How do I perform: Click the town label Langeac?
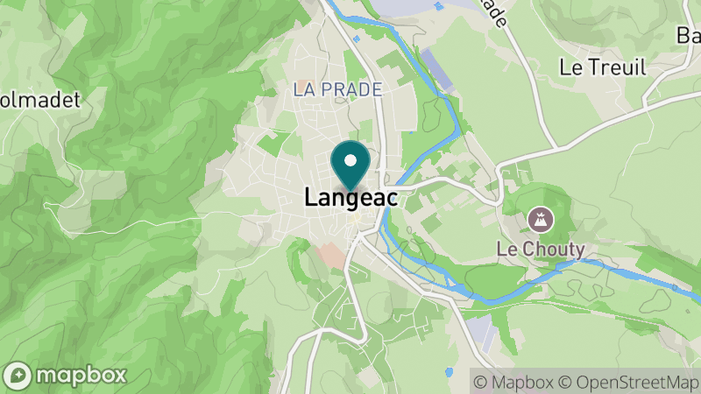point(350,199)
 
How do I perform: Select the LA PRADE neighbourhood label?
point(337,90)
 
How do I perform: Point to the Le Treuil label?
point(603,67)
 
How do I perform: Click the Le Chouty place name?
point(541,249)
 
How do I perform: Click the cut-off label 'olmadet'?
point(39,99)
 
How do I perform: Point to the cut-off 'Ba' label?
point(688,36)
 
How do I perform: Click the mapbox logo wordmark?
point(81,376)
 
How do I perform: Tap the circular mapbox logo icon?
point(19,376)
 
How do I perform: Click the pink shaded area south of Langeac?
point(332,256)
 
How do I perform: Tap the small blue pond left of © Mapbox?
point(449,372)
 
